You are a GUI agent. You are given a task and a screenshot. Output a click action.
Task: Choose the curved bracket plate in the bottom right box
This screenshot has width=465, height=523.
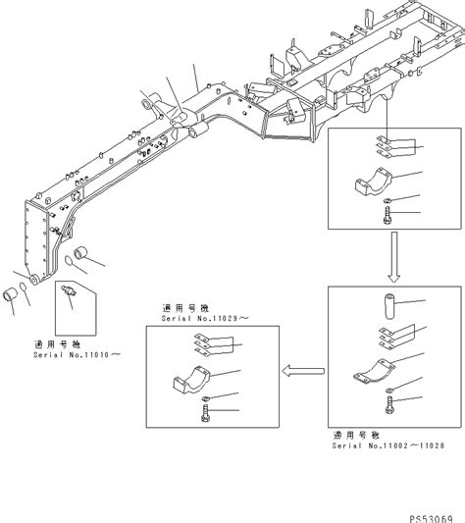374,371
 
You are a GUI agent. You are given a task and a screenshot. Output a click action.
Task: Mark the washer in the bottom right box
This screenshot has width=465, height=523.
391,392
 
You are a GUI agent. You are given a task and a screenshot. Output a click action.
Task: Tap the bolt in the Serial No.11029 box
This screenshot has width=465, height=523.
207,419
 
